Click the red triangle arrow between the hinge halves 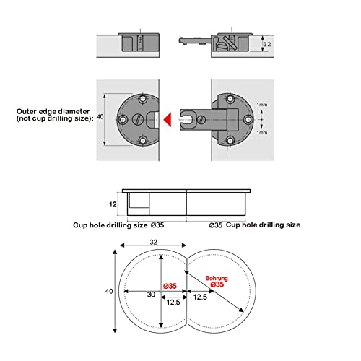click(166, 118)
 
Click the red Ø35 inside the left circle click(170, 286)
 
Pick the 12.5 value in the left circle click(172, 302)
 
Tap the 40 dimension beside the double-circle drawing click(108, 292)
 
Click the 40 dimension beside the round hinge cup click(98, 118)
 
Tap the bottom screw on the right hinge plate click(230, 139)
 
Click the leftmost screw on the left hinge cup click(124, 118)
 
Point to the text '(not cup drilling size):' click(54, 120)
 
